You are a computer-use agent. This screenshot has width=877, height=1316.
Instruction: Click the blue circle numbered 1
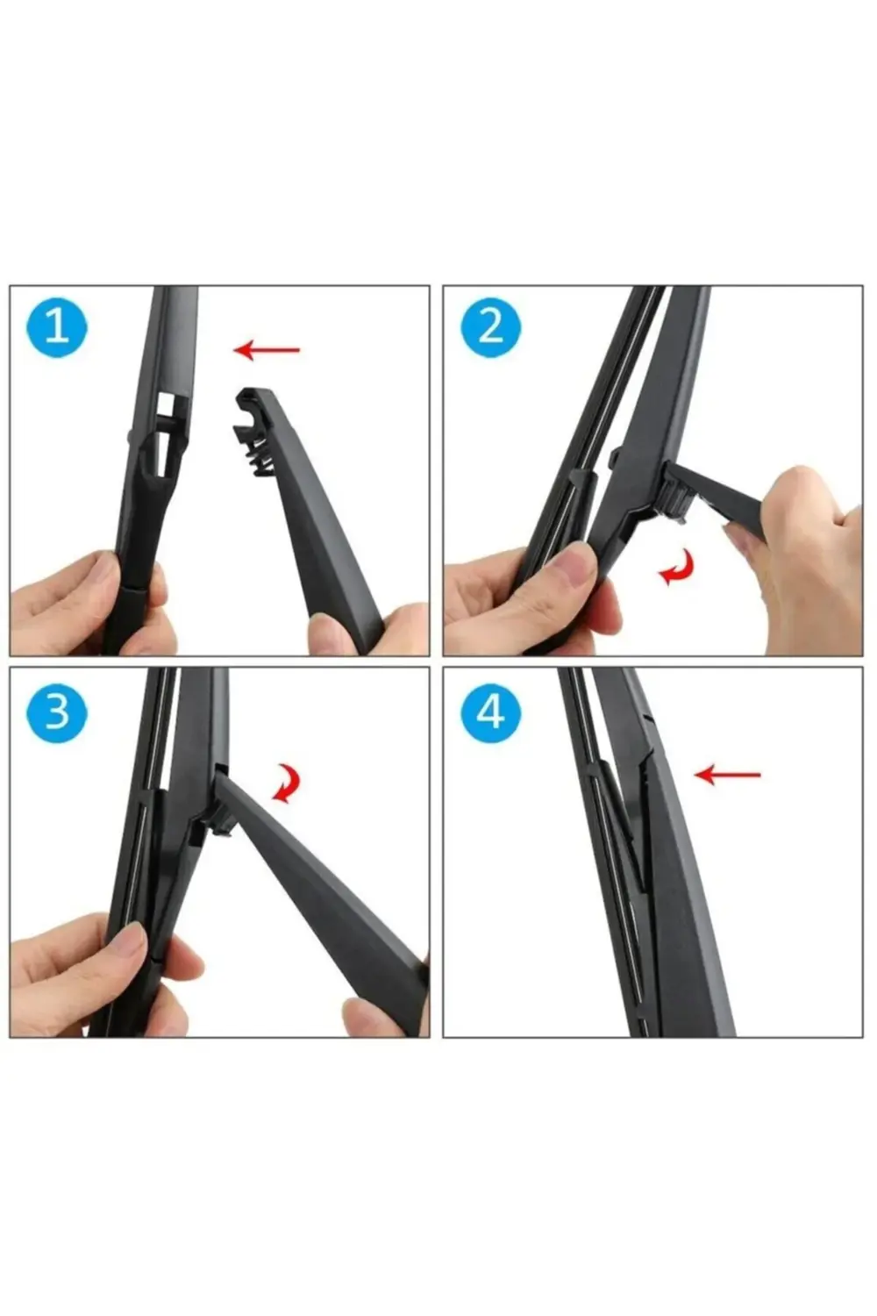tap(56, 328)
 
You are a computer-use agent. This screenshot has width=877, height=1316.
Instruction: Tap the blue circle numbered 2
tap(491, 328)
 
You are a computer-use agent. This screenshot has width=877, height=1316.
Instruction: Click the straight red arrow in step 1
tap(267, 350)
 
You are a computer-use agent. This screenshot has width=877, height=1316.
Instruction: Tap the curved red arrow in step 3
tap(286, 783)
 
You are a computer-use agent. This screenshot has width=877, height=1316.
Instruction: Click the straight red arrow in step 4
tap(727, 775)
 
